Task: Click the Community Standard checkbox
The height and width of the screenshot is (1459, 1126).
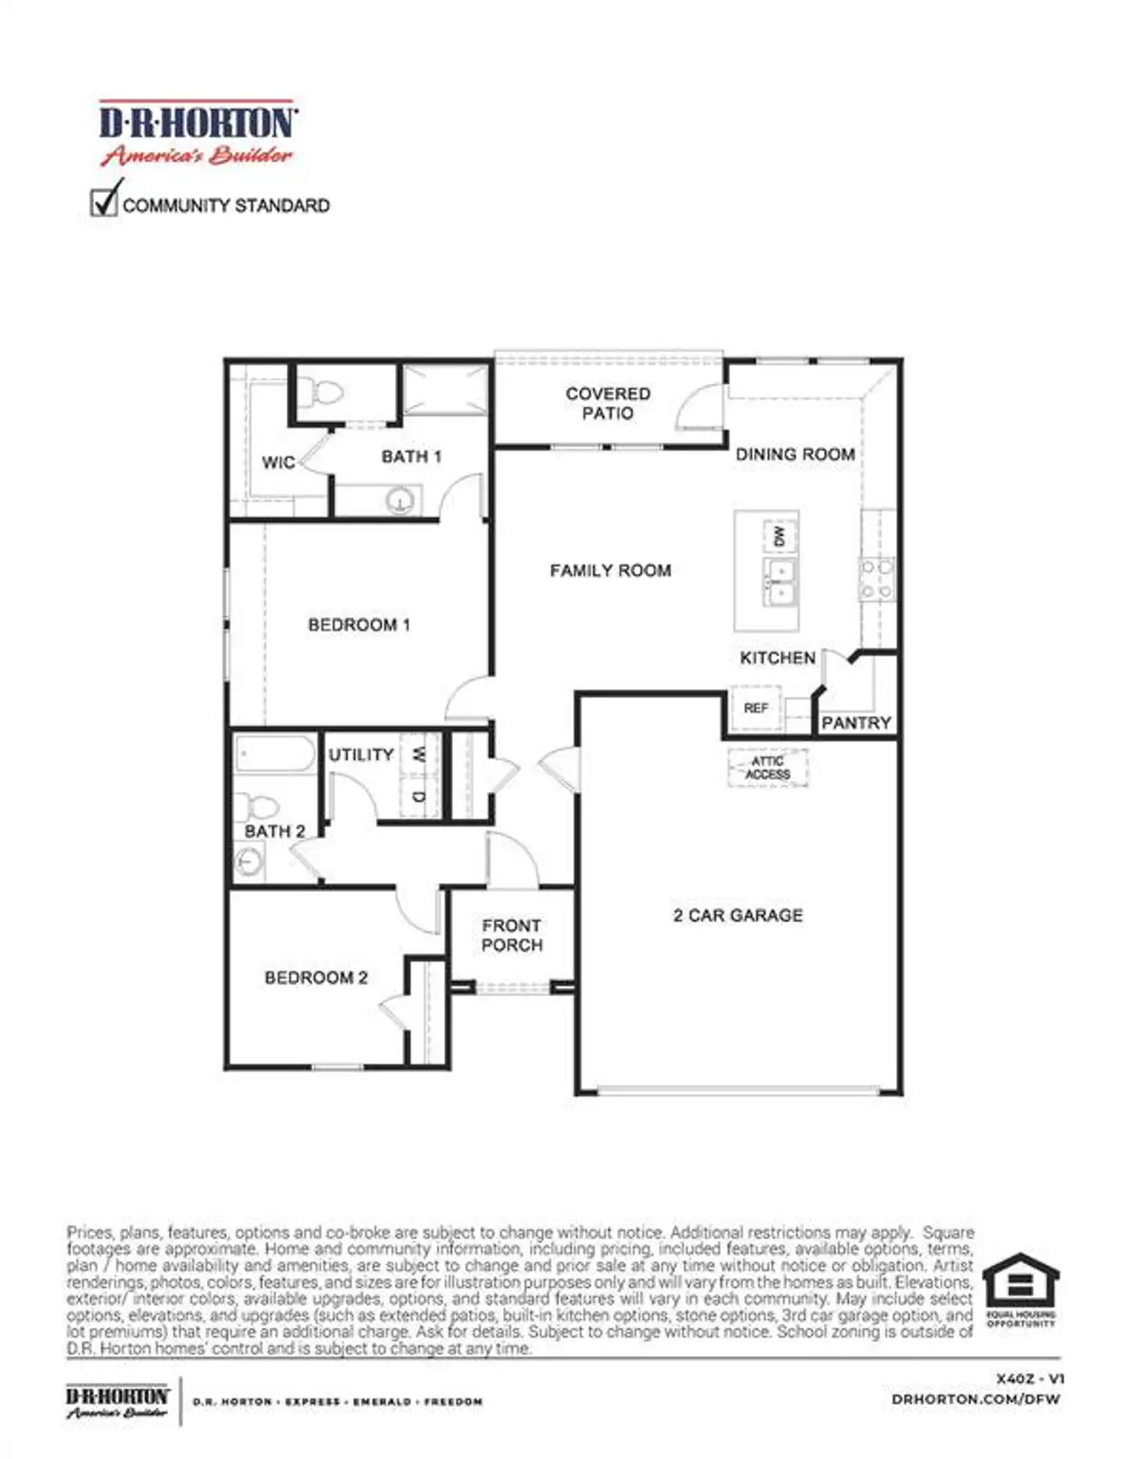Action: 104,202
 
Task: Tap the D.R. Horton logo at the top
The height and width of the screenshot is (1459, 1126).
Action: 197,133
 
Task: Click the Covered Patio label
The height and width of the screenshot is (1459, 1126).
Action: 608,403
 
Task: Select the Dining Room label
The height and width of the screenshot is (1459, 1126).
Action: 795,454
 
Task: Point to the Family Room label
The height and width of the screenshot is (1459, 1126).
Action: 611,570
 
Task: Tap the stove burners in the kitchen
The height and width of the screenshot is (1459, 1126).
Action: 877,579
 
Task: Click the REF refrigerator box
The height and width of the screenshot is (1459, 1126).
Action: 756,708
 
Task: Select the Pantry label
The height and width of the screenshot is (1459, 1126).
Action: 856,722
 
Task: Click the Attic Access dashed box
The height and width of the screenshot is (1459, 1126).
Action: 768,768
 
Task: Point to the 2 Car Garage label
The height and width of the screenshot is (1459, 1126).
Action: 737,915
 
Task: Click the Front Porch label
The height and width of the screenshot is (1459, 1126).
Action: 512,935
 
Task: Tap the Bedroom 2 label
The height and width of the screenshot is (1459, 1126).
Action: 316,977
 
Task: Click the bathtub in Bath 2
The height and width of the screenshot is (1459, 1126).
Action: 274,754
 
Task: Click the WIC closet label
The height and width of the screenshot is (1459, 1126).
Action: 278,462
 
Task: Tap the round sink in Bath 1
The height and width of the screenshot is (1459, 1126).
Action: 400,501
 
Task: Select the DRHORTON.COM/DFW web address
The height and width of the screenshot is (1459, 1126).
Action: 976,1398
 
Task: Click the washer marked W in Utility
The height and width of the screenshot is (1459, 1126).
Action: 419,754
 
